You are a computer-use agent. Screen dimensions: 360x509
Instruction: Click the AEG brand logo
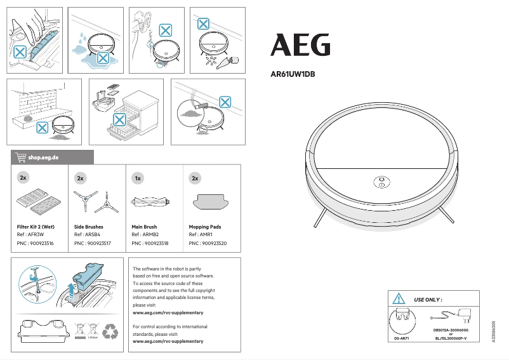[x=301, y=45]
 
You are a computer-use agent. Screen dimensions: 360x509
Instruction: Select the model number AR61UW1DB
[x=293, y=74]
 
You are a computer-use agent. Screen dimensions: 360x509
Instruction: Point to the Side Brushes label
[x=89, y=227]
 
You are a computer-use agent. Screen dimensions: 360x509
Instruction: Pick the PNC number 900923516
[x=36, y=243]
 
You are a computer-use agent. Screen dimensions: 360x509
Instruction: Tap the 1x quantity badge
[x=138, y=178]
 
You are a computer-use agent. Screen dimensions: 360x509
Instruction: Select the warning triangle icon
[x=399, y=298]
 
